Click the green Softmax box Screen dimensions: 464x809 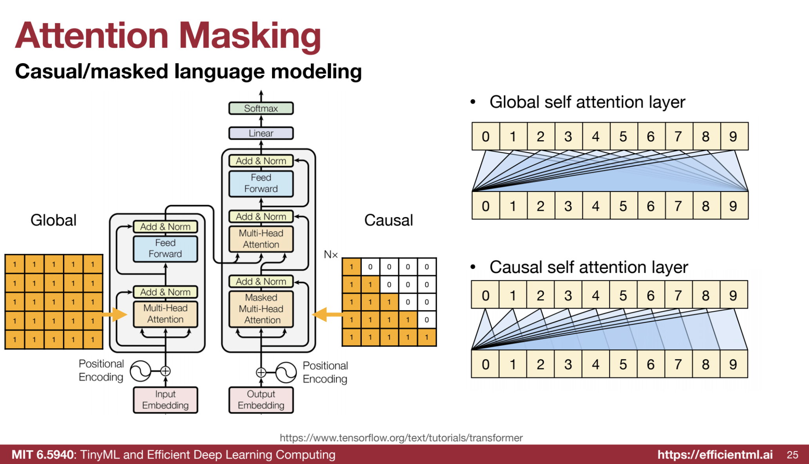(261, 108)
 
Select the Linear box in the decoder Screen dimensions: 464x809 (261, 133)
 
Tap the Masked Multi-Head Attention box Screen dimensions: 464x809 (261, 309)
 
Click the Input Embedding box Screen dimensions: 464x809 (165, 400)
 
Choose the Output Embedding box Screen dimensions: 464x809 (261, 400)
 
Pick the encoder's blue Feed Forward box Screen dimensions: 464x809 (165, 248)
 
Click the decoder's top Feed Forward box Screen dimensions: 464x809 (261, 183)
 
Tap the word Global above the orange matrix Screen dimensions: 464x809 (53, 220)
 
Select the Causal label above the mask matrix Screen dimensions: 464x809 (388, 220)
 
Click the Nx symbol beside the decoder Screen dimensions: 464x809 (330, 255)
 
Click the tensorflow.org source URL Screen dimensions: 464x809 (401, 438)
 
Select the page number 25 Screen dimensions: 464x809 (792, 455)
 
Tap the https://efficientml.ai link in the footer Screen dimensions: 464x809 (715, 455)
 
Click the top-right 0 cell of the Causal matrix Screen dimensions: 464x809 (427, 267)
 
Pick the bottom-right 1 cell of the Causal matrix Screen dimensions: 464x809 (427, 337)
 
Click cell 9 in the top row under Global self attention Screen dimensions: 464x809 (733, 137)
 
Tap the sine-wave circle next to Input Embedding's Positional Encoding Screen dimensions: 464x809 (140, 371)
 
